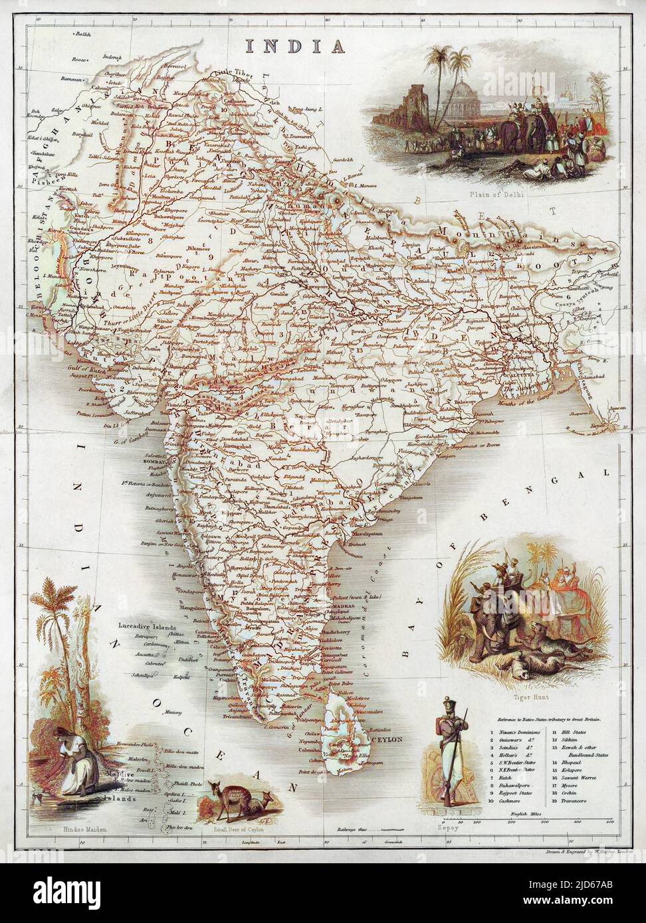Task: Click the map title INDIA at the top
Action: [296, 46]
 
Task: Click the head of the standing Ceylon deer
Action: [215, 788]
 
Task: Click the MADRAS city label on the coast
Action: [342, 607]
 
